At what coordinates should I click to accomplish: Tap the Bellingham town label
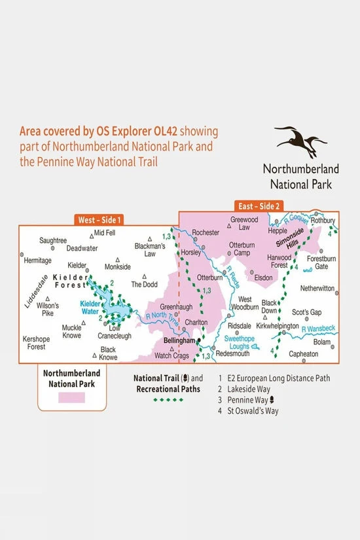click(181, 341)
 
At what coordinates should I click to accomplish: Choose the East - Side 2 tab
click(260, 206)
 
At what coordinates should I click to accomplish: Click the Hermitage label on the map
click(37, 259)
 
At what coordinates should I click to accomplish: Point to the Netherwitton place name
click(317, 287)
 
